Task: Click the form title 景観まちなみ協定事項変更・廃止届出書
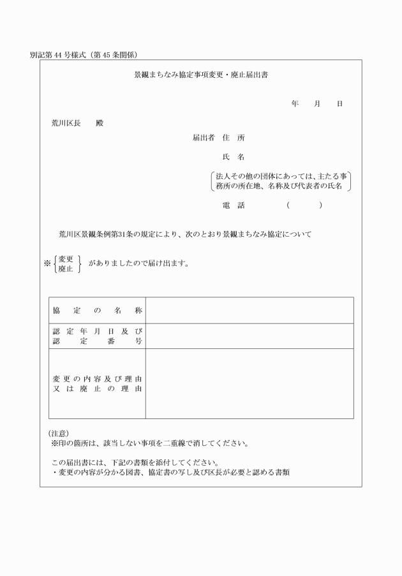(201, 75)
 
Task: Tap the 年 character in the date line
(295, 103)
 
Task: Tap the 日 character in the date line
(339, 103)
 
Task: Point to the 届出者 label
(204, 138)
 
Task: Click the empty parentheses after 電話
(304, 205)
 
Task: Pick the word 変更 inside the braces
(65, 258)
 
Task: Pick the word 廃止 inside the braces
(65, 269)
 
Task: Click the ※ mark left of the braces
(47, 263)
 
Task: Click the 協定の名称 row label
(97, 311)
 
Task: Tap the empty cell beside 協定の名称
(249, 311)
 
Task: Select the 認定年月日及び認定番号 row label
(97, 336)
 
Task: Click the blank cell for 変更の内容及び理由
(249, 383)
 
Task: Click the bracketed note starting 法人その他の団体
(282, 181)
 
